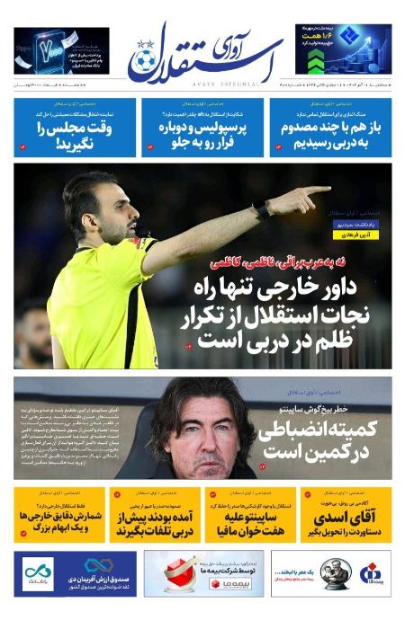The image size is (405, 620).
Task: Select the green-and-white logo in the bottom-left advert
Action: (39, 573)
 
